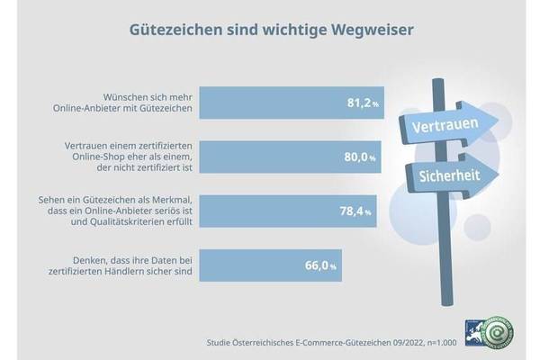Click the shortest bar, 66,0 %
tap(269, 265)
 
